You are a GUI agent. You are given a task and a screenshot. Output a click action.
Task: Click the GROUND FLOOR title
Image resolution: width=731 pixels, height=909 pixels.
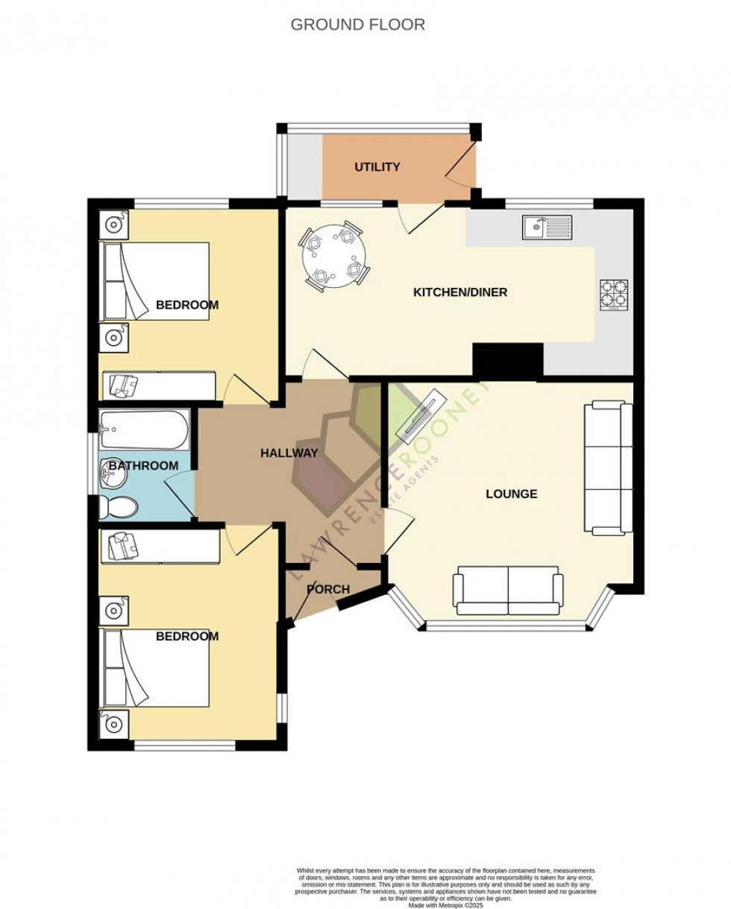tap(357, 25)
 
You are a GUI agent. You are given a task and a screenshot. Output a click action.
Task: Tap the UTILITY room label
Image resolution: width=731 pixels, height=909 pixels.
tap(377, 167)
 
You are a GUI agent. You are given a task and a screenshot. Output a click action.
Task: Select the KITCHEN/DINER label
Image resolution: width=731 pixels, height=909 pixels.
tap(460, 292)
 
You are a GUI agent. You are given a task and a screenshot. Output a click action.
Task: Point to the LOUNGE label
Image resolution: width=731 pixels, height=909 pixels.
tap(511, 494)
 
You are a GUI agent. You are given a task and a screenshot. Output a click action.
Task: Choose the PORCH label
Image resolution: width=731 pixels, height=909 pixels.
tap(328, 589)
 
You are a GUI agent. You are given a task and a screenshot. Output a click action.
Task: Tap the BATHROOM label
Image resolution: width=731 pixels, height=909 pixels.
tap(143, 466)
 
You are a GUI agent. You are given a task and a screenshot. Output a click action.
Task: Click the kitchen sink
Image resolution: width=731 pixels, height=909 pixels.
tap(546, 225)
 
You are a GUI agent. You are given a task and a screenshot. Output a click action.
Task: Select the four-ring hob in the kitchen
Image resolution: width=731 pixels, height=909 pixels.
tap(614, 295)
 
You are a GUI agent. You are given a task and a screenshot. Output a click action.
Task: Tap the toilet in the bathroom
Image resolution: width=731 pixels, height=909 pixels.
tap(118, 508)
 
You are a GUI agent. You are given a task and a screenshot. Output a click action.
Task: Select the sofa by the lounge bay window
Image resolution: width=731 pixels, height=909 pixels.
tap(509, 591)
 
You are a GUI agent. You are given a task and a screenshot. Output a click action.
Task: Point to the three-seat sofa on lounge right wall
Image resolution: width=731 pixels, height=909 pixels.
tap(604, 468)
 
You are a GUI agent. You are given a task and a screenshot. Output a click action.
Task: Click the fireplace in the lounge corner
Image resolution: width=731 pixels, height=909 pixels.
tap(423, 419)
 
